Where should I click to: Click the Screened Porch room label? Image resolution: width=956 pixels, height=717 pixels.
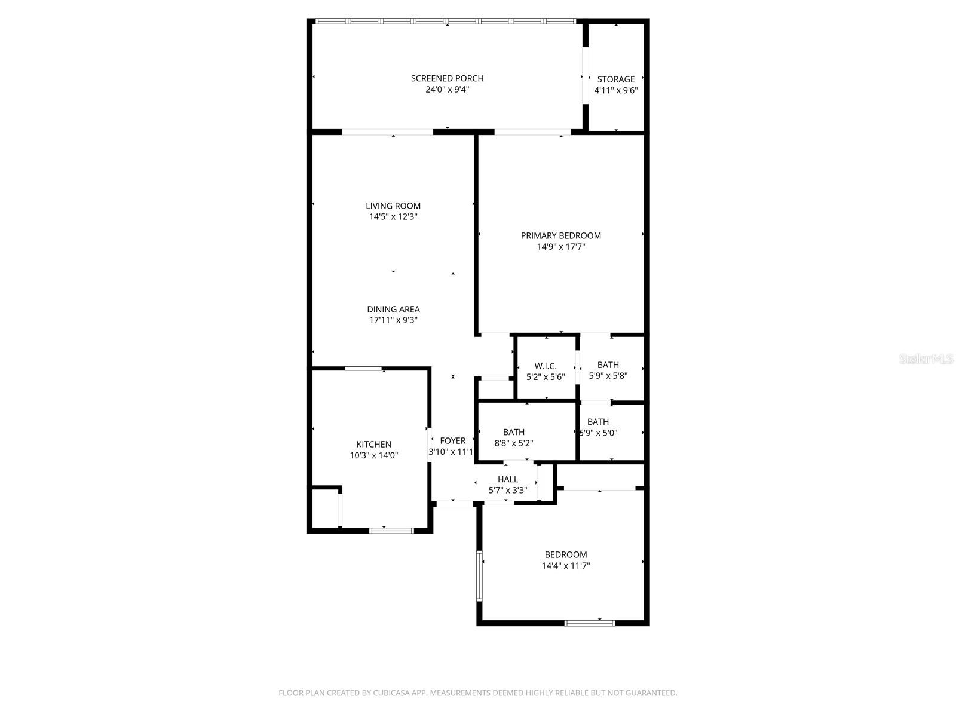[x=447, y=78]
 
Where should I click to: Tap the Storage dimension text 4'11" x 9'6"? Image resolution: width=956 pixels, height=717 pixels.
[x=616, y=91]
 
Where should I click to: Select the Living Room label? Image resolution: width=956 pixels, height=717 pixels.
[x=393, y=206]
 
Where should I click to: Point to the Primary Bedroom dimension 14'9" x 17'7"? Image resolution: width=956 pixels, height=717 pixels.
[x=560, y=247]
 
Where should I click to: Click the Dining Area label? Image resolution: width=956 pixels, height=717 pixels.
[x=393, y=310]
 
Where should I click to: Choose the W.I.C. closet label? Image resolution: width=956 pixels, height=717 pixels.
[x=546, y=366]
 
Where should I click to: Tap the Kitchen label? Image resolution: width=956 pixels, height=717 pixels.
[x=373, y=445]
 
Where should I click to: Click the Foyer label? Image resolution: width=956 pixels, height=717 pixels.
[x=452, y=441]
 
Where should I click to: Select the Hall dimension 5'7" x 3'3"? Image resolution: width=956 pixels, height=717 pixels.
[x=508, y=490]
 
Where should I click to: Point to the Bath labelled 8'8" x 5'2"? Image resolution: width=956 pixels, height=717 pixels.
[x=513, y=432]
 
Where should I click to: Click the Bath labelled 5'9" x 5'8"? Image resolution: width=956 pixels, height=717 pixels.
[x=608, y=365]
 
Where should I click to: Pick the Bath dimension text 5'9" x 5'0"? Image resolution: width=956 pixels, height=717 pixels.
[x=598, y=433]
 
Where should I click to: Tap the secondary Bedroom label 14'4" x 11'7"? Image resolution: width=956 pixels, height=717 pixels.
[x=566, y=555]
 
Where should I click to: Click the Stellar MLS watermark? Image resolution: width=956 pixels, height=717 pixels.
[x=926, y=358]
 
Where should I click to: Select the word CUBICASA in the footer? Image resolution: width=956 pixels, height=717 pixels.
[x=391, y=693]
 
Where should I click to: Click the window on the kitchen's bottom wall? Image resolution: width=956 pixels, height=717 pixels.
[x=391, y=530]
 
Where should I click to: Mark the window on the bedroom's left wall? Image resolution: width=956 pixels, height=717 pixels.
[x=480, y=576]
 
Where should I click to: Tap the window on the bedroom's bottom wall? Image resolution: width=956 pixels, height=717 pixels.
[x=590, y=623]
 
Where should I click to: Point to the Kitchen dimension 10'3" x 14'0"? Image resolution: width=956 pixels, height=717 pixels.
[x=373, y=455]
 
